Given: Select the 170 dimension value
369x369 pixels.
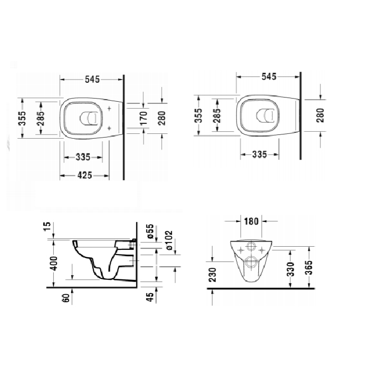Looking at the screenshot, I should point(143,119).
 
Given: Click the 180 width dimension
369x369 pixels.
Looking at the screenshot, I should point(252,221).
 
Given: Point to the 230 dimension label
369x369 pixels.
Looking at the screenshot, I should point(212,274).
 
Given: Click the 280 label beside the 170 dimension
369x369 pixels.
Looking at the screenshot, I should point(162,119).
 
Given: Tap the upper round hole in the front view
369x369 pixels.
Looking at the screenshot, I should point(251,247).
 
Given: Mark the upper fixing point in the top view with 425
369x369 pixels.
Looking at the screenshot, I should point(109,110).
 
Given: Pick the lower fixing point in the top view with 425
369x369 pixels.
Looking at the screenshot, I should point(109,128).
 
